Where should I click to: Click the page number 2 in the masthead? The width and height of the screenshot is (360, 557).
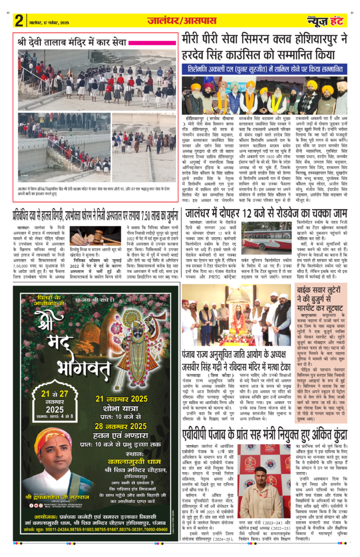coord(19,21)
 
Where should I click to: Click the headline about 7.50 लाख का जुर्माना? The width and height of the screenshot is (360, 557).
coord(96,213)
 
